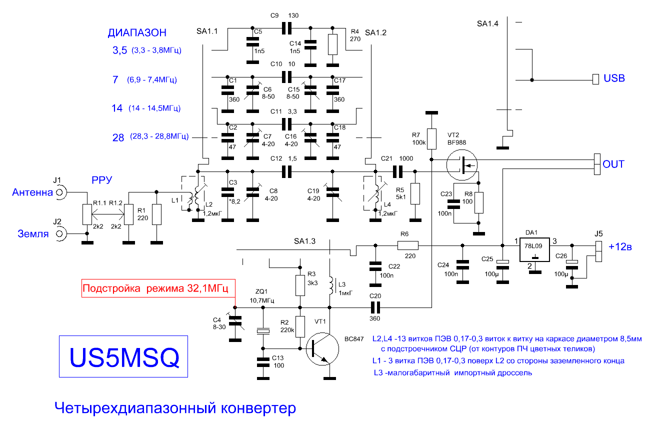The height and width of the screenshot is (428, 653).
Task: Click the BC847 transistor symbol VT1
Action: pos(322,348)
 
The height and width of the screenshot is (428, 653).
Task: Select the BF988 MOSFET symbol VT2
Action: pos(462,165)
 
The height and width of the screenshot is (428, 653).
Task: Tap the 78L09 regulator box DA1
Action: pos(534,249)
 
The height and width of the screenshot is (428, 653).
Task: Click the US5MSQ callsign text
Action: pos(124,357)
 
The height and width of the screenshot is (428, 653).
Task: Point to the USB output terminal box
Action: pos(596,79)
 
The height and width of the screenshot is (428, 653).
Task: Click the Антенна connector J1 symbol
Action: pos(60,192)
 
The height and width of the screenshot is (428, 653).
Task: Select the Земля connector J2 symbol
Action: pos(60,234)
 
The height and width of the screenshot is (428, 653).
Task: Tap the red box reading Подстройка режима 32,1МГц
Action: pos(158,288)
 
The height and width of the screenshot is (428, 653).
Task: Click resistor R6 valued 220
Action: pos(408,245)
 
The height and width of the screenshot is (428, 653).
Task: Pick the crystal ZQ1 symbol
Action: pos(263,331)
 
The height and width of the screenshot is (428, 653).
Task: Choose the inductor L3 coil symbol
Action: pos(331,285)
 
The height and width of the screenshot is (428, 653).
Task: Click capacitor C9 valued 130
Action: pos(286,28)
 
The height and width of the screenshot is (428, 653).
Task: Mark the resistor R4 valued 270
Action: pos(332,44)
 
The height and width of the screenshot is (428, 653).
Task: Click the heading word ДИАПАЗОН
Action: pos(137,32)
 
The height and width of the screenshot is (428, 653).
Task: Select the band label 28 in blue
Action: pos(118,137)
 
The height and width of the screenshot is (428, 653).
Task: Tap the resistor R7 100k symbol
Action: pos(431,139)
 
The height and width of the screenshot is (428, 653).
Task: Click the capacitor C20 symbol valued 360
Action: pos(375,307)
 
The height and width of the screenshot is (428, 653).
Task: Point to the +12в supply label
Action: pos(620,247)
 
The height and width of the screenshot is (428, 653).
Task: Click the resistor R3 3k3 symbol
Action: pos(300,285)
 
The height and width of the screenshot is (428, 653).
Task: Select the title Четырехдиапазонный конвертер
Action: pos(175,408)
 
